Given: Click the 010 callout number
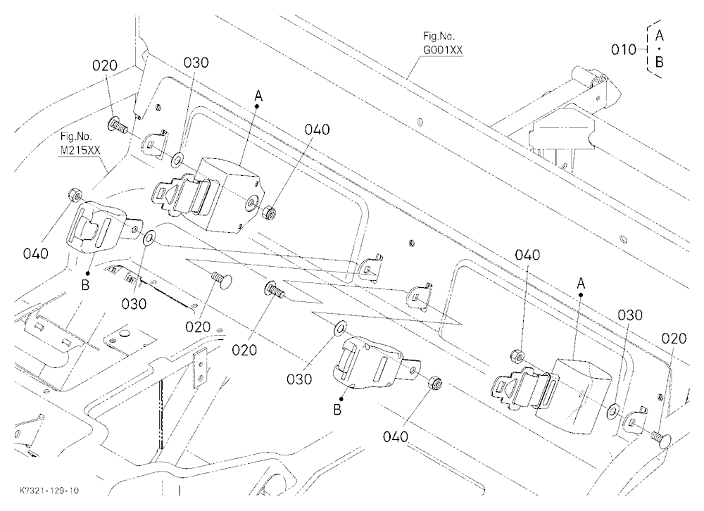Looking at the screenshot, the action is [624, 49].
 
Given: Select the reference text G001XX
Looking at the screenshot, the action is [443, 50].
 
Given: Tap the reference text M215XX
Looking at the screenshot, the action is [80, 151].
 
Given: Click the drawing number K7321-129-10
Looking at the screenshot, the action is [49, 491].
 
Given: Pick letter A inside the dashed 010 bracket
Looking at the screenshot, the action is [659, 35].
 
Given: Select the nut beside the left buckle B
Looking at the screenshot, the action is [74, 196].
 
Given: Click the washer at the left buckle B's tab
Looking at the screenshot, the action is [149, 237].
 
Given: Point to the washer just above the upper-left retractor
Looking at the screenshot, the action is [178, 158].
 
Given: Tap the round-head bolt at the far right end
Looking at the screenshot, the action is [660, 436].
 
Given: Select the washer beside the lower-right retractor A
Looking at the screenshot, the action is [612, 411].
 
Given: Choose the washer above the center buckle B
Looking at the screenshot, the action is [339, 328].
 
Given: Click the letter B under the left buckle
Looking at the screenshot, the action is [85, 284].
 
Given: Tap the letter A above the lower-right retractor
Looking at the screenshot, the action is [581, 284].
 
